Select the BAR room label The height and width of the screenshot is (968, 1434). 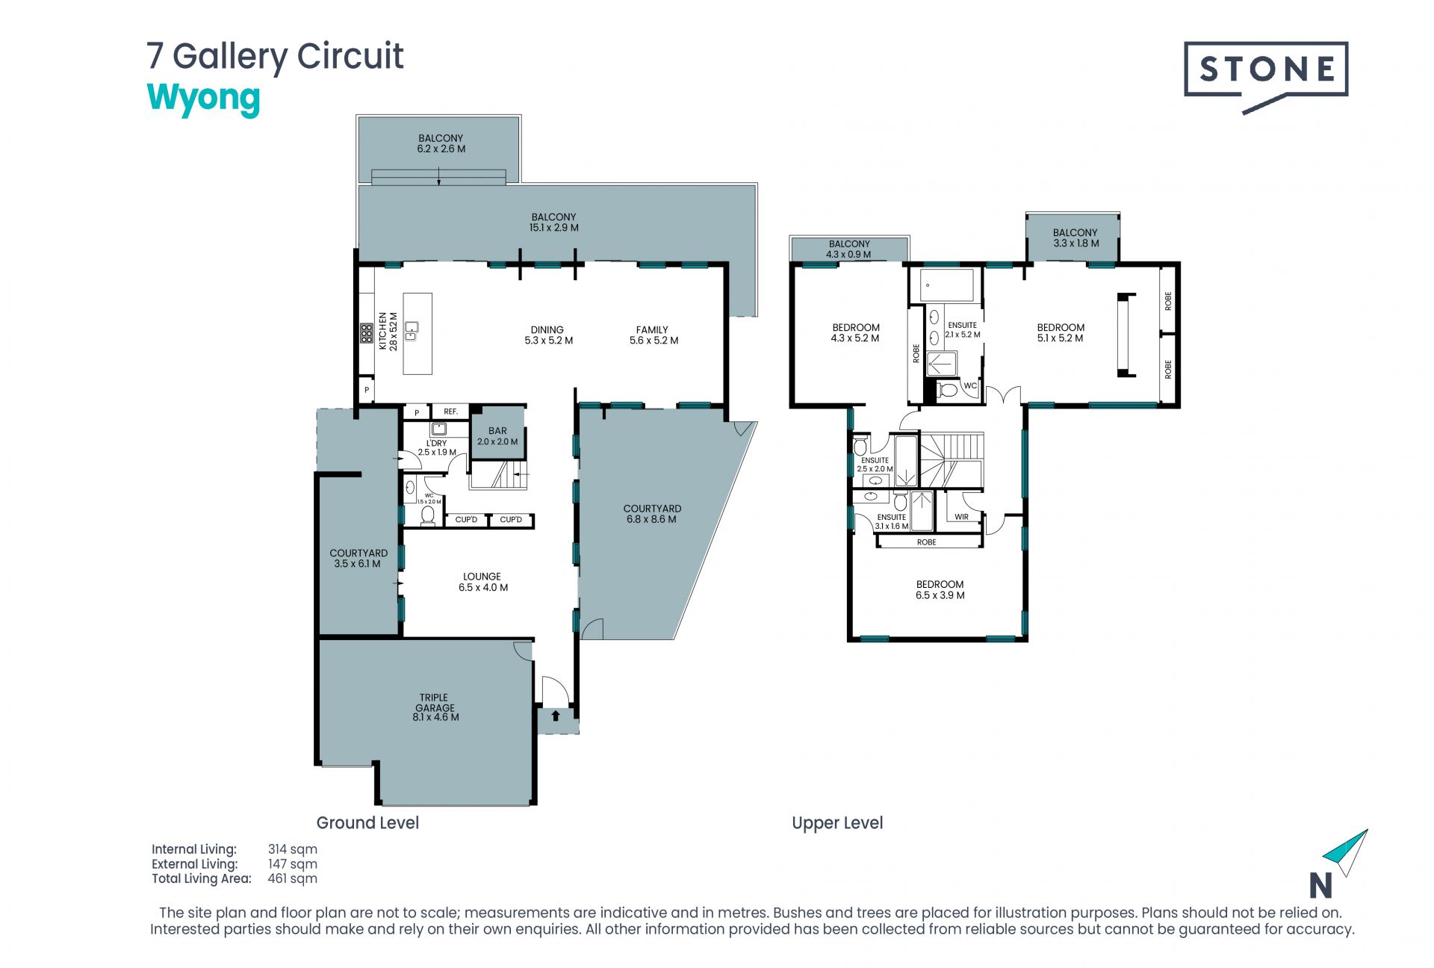(497, 431)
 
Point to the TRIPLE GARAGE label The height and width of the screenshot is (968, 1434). (435, 703)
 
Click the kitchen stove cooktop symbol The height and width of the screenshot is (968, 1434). (367, 333)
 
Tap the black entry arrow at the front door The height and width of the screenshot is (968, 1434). (555, 716)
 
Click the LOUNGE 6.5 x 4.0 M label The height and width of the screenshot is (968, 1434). (482, 582)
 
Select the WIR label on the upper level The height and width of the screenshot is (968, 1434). (961, 517)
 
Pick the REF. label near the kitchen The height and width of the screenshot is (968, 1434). (450, 412)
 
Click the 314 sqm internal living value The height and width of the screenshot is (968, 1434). (293, 849)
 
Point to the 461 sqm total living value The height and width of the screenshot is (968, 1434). (293, 878)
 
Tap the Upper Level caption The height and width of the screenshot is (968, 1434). (837, 823)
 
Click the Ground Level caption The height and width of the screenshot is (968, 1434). (367, 823)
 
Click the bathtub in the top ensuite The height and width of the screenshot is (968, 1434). (947, 285)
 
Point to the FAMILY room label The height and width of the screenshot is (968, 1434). (653, 329)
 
